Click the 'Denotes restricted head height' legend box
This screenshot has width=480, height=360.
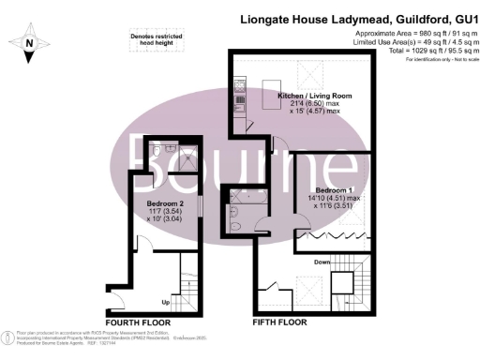click(x=156, y=39)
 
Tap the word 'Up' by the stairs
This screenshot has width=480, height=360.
click(x=166, y=303)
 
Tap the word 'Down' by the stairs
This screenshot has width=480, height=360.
click(x=322, y=262)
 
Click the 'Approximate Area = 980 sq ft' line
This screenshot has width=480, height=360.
click(x=410, y=35)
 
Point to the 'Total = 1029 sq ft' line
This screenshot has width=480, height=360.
click(x=425, y=51)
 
